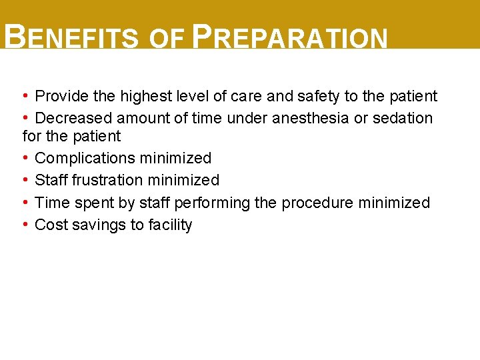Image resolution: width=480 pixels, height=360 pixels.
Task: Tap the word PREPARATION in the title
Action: click(x=289, y=38)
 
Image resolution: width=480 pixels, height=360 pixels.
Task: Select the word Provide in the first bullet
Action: click(x=62, y=96)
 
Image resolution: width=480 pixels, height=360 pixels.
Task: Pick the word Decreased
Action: click(x=73, y=118)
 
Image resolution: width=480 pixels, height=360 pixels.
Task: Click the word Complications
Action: click(x=85, y=158)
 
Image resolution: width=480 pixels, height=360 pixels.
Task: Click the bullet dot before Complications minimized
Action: click(x=25, y=158)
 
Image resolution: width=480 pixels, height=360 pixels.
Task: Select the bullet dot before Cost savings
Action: click(x=25, y=225)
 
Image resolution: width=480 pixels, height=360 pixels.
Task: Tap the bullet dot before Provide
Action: click(x=25, y=96)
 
